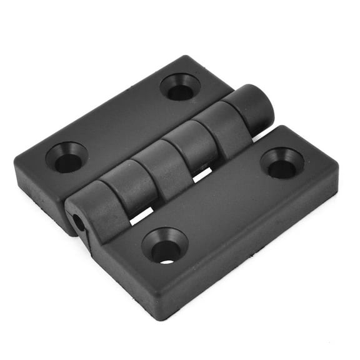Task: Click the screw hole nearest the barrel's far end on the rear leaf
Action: tap(180, 88)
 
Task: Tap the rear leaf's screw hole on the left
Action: tap(67, 159)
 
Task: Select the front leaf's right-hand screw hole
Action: tap(282, 164)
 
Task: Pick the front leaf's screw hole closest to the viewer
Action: tap(165, 246)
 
